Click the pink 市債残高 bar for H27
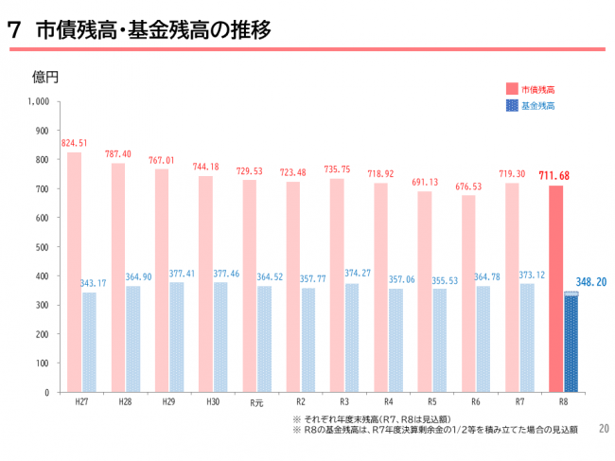click(x=74, y=272)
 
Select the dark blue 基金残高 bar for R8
click(x=571, y=342)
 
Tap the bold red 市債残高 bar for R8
click(x=555, y=289)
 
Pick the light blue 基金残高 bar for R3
click(x=352, y=337)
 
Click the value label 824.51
click(x=74, y=144)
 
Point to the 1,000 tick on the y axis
click(x=39, y=101)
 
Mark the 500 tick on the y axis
click(x=43, y=247)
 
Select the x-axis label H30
click(x=213, y=401)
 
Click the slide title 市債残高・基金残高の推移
click(x=153, y=30)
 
